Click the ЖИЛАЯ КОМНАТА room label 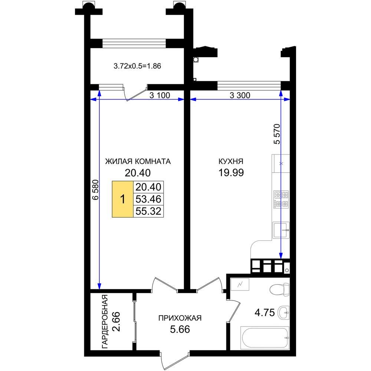click(x=138, y=161)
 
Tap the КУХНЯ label click(x=231, y=161)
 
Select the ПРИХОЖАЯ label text click(x=180, y=318)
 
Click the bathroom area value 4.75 click(x=265, y=312)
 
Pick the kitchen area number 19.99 click(x=231, y=173)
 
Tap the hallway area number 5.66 click(x=180, y=329)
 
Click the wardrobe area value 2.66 click(x=116, y=322)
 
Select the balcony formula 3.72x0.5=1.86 click(x=137, y=66)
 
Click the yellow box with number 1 click(x=122, y=199)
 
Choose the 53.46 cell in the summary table click(x=148, y=199)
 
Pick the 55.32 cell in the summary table click(x=148, y=211)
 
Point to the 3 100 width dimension click(x=160, y=95)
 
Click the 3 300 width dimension click(x=240, y=95)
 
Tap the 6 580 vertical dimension click(x=95, y=190)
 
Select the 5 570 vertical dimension click(x=277, y=134)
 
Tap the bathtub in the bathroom click(x=265, y=338)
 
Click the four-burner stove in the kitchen click(x=281, y=199)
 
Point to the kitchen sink click(x=281, y=230)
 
